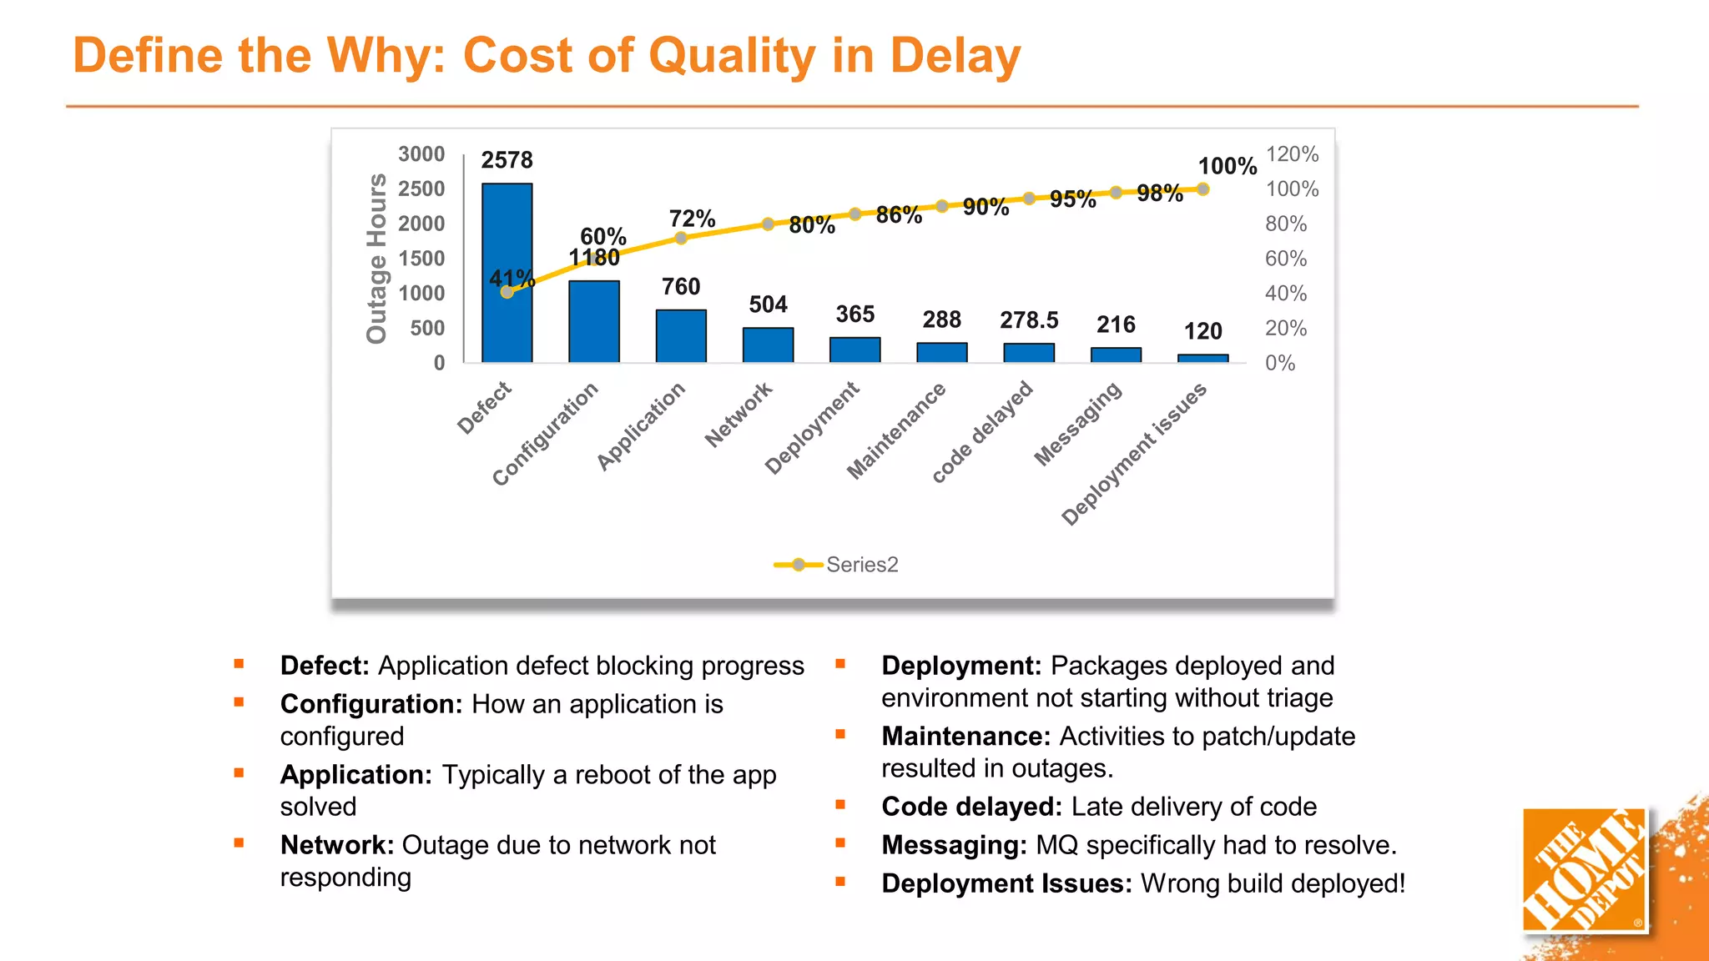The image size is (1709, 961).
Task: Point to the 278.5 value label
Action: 1028,320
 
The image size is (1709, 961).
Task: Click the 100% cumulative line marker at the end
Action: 1202,189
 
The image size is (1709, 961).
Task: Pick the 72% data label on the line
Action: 692,219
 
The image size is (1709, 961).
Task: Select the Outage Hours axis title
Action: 377,258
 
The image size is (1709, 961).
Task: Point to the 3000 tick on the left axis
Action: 421,154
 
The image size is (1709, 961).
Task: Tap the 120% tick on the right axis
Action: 1292,154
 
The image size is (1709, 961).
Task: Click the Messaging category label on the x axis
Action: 1078,424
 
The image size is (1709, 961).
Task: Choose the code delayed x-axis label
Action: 983,431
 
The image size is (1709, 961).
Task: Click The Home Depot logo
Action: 1583,869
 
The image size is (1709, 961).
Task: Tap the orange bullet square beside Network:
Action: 239,843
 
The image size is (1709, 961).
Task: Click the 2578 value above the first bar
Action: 507,160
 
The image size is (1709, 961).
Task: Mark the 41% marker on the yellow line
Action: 507,292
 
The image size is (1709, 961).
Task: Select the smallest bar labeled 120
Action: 1202,359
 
